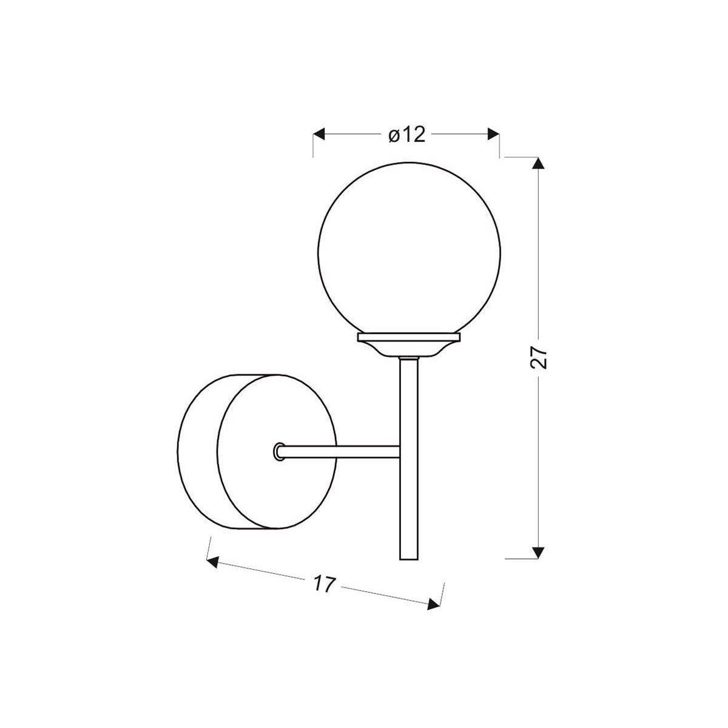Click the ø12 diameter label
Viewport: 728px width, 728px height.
coord(406,135)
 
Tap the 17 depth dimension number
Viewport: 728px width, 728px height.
coord(325,584)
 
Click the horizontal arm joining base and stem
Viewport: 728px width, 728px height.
coord(340,451)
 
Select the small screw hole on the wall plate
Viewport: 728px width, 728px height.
coord(278,451)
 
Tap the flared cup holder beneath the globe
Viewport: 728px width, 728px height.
coord(409,349)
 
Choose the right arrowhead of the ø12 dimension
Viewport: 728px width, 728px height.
coord(493,134)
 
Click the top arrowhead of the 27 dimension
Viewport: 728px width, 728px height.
coord(538,163)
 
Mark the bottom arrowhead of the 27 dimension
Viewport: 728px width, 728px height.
coord(538,551)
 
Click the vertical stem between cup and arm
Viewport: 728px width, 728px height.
coord(409,400)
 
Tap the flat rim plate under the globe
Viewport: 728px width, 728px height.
coord(409,335)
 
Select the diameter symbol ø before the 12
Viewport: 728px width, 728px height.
coord(393,135)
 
